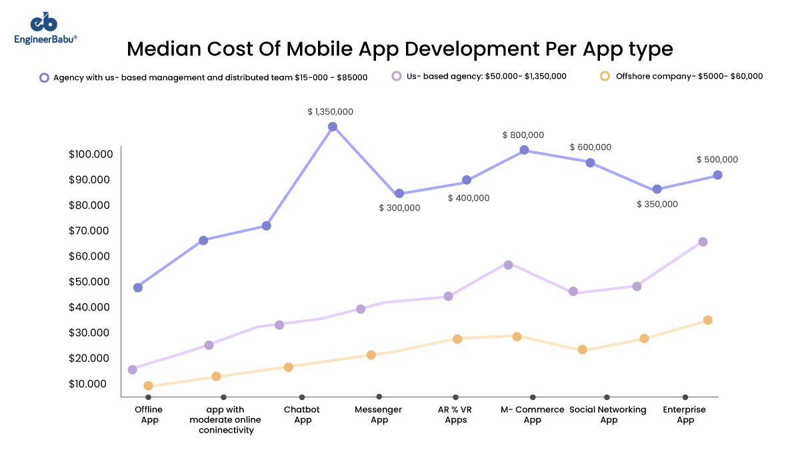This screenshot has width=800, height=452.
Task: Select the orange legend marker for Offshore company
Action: tap(605, 76)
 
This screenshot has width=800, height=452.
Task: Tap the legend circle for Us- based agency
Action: tap(397, 76)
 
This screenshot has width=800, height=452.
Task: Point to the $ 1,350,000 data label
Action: tap(330, 112)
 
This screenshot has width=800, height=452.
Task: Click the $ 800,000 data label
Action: tap(523, 135)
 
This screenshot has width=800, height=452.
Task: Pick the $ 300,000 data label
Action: tap(399, 208)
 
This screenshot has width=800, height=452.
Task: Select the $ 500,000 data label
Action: tap(717, 159)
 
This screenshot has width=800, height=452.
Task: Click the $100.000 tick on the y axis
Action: tap(91, 155)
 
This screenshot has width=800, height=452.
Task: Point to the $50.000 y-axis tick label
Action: tap(91, 282)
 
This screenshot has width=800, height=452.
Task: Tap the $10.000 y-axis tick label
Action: tap(91, 384)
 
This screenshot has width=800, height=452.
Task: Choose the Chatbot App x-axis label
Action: tap(302, 415)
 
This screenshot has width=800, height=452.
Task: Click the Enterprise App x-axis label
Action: tap(684, 415)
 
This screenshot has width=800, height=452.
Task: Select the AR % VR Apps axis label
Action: tap(456, 415)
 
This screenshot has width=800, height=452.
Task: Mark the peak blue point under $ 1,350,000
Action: tap(332, 127)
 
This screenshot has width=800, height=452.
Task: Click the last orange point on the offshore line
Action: tap(708, 320)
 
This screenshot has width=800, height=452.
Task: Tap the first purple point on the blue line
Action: tap(137, 288)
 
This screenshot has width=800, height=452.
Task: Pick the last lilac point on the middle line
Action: tap(703, 241)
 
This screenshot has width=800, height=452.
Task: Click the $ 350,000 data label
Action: tap(657, 204)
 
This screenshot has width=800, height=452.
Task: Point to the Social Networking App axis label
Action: tap(608, 415)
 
